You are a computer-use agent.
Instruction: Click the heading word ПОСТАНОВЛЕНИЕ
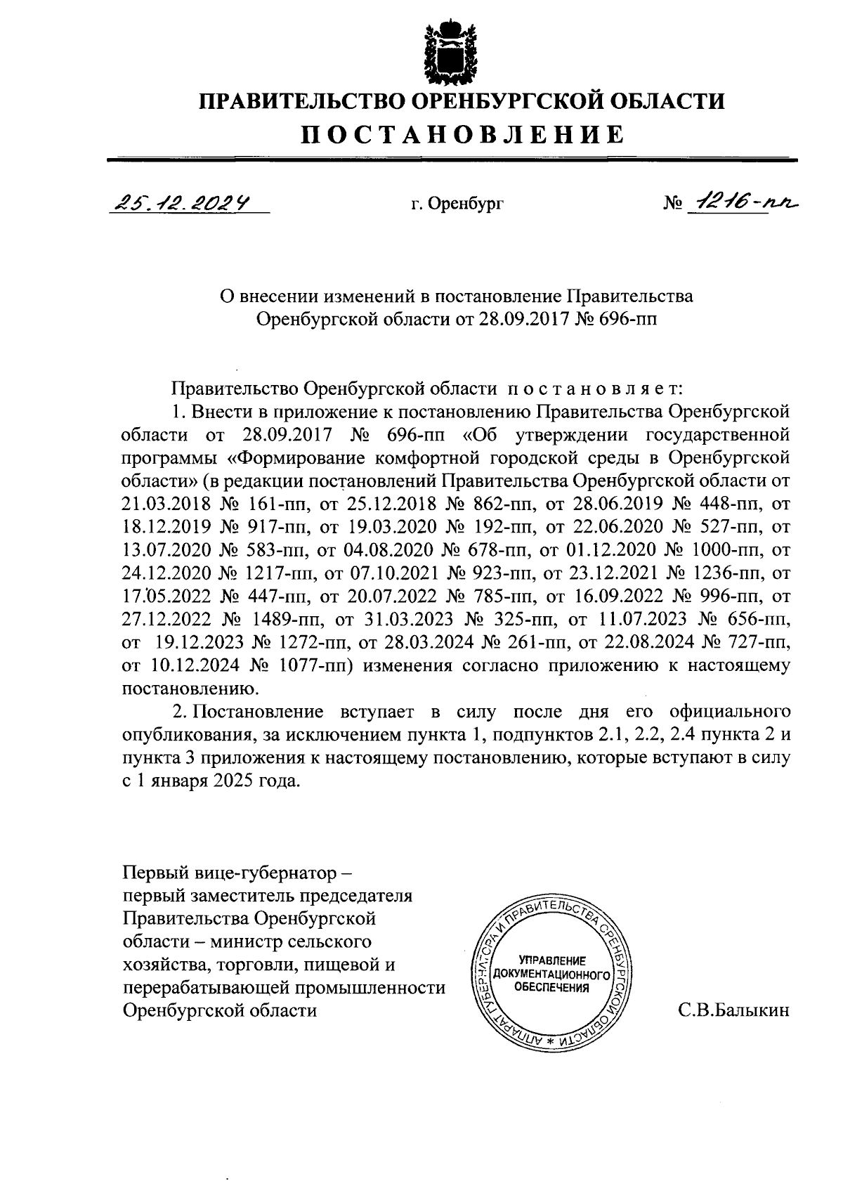click(x=462, y=133)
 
